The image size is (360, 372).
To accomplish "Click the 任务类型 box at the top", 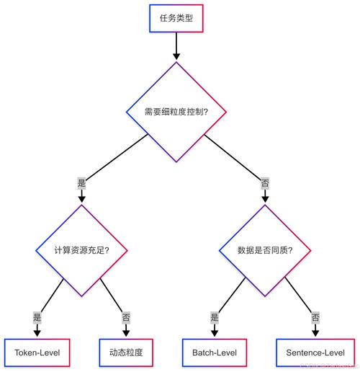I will [x=176, y=19].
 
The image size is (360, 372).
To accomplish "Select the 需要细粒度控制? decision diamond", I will [x=176, y=112].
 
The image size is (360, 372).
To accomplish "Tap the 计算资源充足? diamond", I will [x=81, y=250].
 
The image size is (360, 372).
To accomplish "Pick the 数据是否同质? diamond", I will [x=264, y=250].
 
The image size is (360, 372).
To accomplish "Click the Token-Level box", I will [x=37, y=353].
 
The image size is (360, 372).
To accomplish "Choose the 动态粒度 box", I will [x=126, y=353].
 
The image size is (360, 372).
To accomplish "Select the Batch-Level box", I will [x=214, y=353].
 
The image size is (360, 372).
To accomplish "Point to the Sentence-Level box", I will [x=315, y=353].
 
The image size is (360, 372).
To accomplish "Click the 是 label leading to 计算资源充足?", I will [x=81, y=183].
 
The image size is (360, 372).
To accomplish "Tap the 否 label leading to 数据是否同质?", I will [x=264, y=183].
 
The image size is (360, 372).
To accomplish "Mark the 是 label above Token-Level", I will [x=37, y=316].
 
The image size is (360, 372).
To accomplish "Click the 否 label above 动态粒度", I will [x=126, y=316].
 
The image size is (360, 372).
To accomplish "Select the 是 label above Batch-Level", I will [x=214, y=316].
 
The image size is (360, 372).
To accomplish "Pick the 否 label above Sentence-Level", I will [x=315, y=316].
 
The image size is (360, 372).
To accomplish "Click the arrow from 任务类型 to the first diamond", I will [x=176, y=46].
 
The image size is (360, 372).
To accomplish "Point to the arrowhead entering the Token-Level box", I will [x=37, y=333].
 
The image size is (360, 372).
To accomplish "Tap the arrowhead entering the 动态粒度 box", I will [x=126, y=333].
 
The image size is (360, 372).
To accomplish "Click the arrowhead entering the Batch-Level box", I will [x=214, y=333].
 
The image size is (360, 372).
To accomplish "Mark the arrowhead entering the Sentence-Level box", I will [x=315, y=333].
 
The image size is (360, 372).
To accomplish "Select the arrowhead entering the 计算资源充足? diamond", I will [x=81, y=200].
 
